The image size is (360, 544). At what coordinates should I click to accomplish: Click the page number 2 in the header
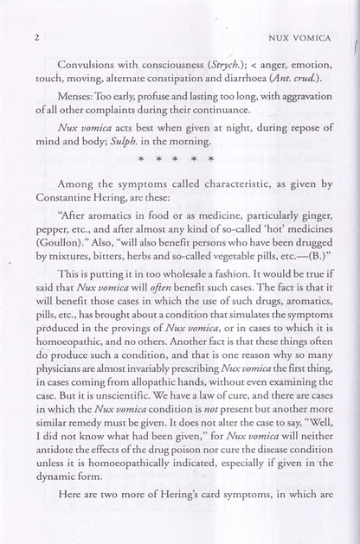[x=30, y=14]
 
